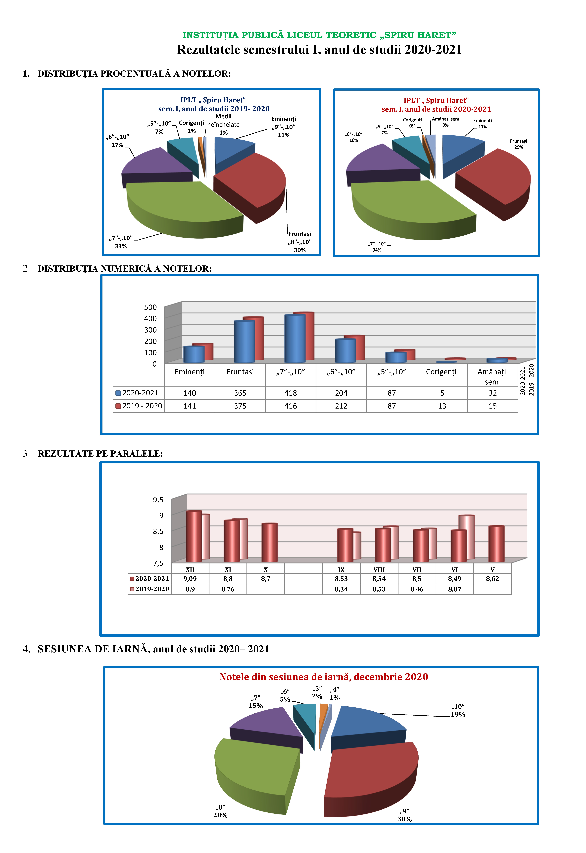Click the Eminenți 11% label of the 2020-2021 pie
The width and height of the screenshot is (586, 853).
tap(482, 123)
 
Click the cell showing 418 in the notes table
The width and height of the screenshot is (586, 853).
tap(290, 393)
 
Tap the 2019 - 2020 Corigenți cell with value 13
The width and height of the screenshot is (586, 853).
tap(442, 406)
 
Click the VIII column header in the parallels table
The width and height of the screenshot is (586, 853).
tap(379, 570)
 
